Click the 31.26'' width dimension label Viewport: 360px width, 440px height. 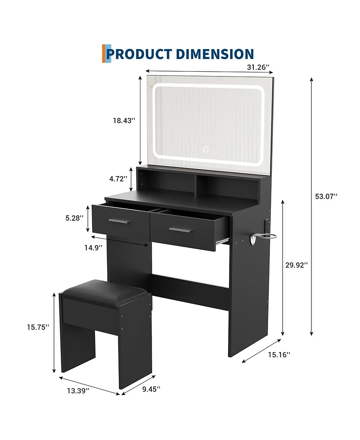(x=258, y=67)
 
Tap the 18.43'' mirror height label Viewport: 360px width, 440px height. (x=124, y=121)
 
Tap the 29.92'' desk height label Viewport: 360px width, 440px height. (x=297, y=265)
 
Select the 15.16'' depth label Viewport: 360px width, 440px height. (x=279, y=354)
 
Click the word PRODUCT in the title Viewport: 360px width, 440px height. (x=139, y=54)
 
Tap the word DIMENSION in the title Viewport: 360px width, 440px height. (x=215, y=54)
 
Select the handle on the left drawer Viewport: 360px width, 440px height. (x=119, y=221)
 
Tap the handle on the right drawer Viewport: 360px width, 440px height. (x=180, y=230)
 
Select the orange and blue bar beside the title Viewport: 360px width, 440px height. (x=107, y=54)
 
